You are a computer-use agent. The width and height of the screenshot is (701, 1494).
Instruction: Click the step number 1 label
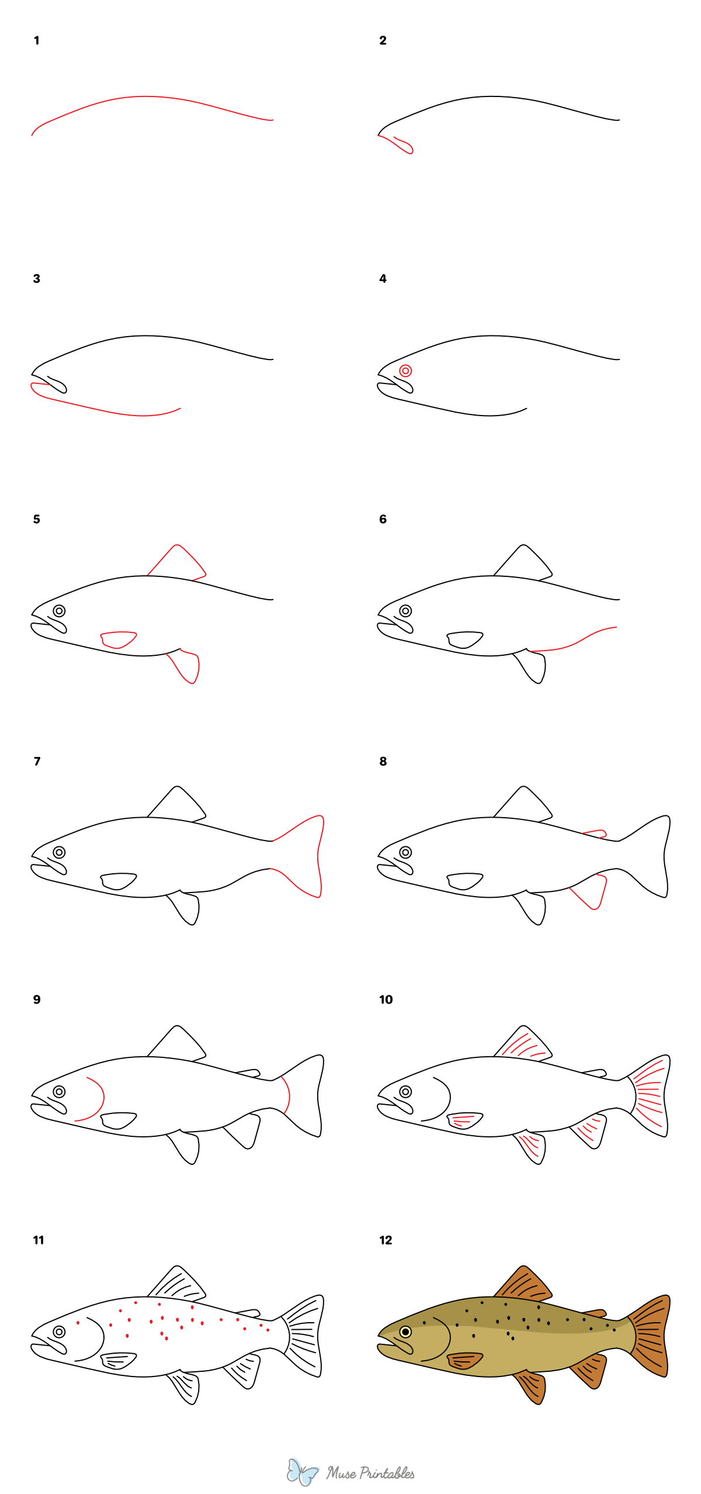[x=36, y=40]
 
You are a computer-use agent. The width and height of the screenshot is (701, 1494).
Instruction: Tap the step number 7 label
[x=37, y=761]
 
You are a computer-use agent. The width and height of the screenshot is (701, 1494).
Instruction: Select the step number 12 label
[x=386, y=1240]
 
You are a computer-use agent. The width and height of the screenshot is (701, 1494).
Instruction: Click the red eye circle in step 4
[x=405, y=371]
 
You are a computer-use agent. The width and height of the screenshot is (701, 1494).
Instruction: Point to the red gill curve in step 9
[x=99, y=1098]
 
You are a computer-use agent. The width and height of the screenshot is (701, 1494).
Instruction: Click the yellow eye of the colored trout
[x=405, y=1332]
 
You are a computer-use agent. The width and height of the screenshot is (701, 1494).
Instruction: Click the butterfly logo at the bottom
[x=302, y=1472]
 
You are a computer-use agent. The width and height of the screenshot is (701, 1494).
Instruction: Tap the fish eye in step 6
[x=405, y=611]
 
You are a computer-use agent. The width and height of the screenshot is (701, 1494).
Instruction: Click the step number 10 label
[x=386, y=1000]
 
